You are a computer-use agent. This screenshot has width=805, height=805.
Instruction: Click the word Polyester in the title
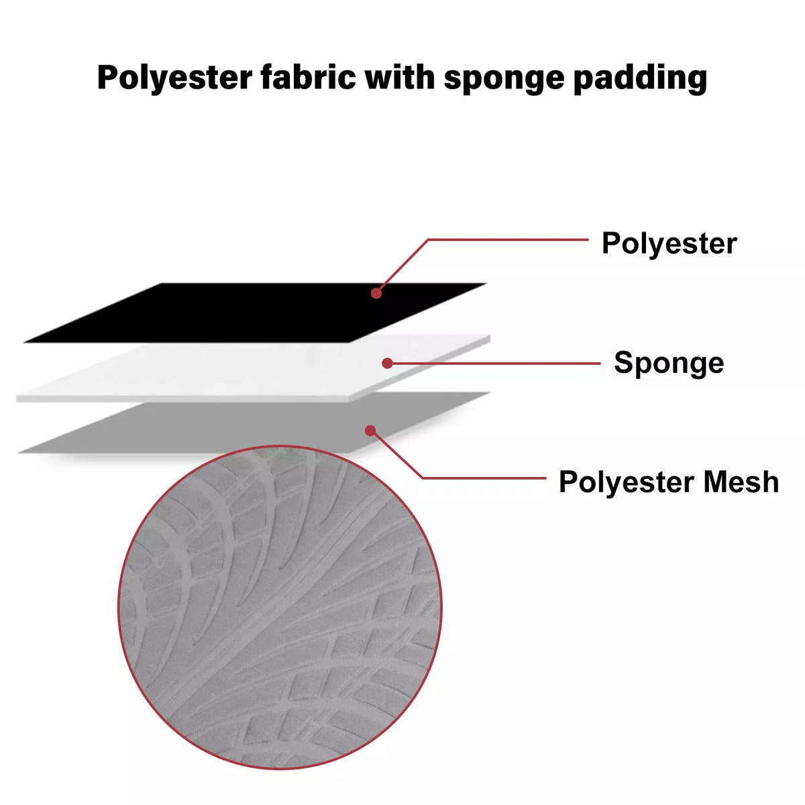[x=174, y=78]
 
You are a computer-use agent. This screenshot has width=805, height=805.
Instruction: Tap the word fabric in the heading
[x=309, y=77]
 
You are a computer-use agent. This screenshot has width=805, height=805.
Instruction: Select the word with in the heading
[x=400, y=77]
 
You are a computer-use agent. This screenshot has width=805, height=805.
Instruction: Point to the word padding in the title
[x=641, y=79]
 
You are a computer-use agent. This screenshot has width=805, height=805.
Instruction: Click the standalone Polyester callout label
[x=669, y=244]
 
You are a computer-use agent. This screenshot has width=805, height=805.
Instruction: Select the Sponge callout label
[x=669, y=364]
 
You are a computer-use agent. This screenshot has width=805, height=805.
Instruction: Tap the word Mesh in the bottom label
[x=741, y=482]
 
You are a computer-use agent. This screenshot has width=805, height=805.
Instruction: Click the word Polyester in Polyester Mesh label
[x=627, y=483]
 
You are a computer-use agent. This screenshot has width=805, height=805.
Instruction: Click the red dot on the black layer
[x=376, y=293]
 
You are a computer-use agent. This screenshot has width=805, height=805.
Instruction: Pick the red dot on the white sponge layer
[x=387, y=363]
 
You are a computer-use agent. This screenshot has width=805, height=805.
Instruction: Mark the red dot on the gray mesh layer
[x=370, y=431]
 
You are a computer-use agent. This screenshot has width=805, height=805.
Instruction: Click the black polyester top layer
[x=255, y=313]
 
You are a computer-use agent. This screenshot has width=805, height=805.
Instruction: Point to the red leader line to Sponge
[x=494, y=364]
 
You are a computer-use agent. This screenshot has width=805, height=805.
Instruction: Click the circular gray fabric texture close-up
[x=280, y=607]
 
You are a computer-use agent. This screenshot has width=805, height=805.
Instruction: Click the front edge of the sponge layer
[x=182, y=399]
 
